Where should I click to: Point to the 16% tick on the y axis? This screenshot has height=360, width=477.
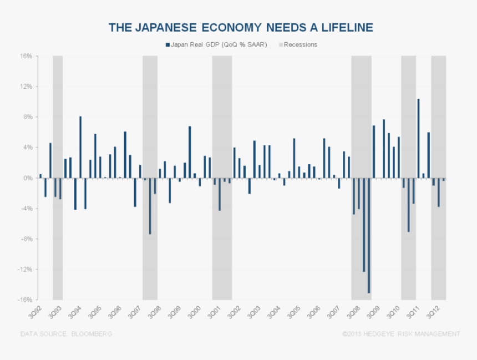point(26,57)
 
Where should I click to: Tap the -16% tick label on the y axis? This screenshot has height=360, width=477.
point(25,300)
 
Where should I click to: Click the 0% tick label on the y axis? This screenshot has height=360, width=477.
point(28,178)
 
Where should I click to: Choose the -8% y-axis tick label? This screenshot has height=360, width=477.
point(26,239)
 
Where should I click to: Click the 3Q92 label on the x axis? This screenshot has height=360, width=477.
point(35,311)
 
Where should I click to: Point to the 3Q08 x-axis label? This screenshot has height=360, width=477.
point(353,311)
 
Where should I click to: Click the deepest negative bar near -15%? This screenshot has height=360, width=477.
point(369,235)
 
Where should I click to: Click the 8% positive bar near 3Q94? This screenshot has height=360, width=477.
point(80,147)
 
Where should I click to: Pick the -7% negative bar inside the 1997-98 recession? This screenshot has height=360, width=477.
point(150,206)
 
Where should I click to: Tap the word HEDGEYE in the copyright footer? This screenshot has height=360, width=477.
point(381,334)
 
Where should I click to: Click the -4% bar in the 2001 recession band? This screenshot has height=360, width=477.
point(220,194)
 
